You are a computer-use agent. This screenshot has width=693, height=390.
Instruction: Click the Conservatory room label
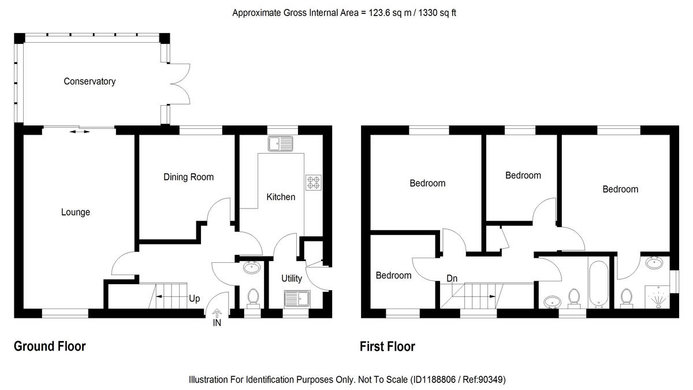point(90,81)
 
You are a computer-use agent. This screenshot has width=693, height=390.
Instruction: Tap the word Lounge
point(76,212)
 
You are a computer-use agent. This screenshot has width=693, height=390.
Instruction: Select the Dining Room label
point(188,177)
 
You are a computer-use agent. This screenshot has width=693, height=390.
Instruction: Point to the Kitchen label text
point(281,197)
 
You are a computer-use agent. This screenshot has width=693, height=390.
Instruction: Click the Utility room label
point(292,278)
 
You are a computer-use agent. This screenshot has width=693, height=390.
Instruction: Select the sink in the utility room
point(297,299)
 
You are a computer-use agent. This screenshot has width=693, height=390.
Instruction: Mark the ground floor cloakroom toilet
point(252,298)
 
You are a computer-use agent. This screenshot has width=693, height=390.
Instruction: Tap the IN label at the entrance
point(217,324)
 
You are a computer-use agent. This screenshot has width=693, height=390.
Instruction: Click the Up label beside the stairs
point(195,299)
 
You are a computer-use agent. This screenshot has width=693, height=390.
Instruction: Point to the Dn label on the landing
point(452,278)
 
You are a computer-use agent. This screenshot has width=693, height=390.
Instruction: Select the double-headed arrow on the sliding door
point(80,132)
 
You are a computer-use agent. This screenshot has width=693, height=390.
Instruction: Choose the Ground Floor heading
point(50,347)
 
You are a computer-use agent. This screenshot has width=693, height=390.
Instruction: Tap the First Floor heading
point(388,347)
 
